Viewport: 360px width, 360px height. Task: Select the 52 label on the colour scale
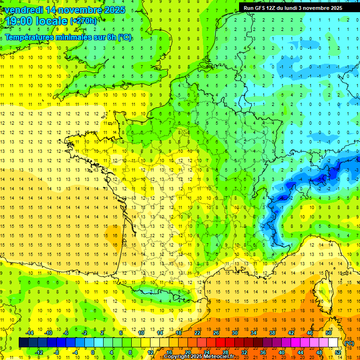click(338, 352)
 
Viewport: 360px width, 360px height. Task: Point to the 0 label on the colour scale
click(93, 352)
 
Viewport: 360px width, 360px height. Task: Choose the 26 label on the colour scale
click(216, 333)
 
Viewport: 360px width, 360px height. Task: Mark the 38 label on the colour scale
click(272, 333)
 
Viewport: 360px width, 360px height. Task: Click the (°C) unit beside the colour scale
click(349, 343)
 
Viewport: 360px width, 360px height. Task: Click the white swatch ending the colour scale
click(333, 343)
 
